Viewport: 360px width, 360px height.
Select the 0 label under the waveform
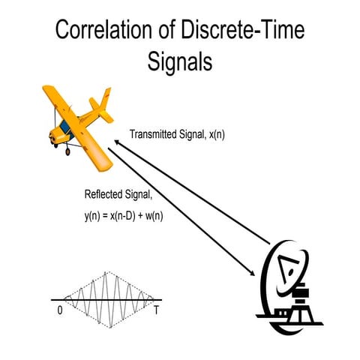click(x=59, y=309)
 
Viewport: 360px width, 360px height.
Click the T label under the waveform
click(x=155, y=309)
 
